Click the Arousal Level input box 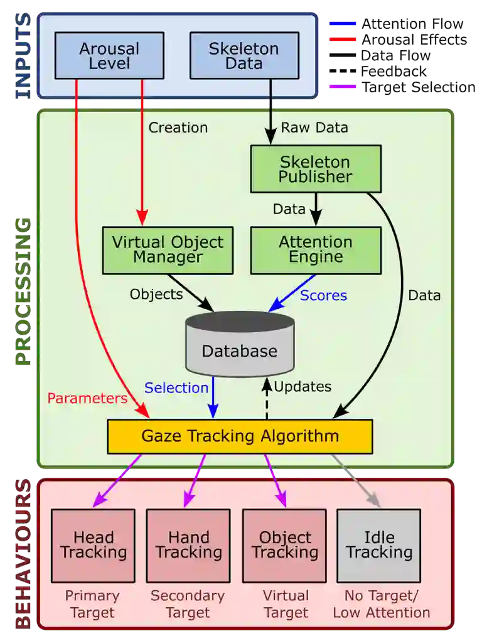click(109, 55)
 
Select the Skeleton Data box click(244, 55)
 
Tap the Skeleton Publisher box click(316, 168)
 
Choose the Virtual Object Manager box click(168, 249)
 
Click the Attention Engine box click(316, 249)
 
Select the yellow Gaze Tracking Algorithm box click(240, 436)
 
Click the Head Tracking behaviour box click(93, 545)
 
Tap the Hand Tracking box click(188, 545)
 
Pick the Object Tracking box click(284, 545)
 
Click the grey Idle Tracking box click(379, 545)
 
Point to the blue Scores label click(323, 295)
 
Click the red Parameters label click(87, 398)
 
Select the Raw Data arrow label click(314, 127)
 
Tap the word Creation click(178, 127)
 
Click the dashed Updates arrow click(267, 400)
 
